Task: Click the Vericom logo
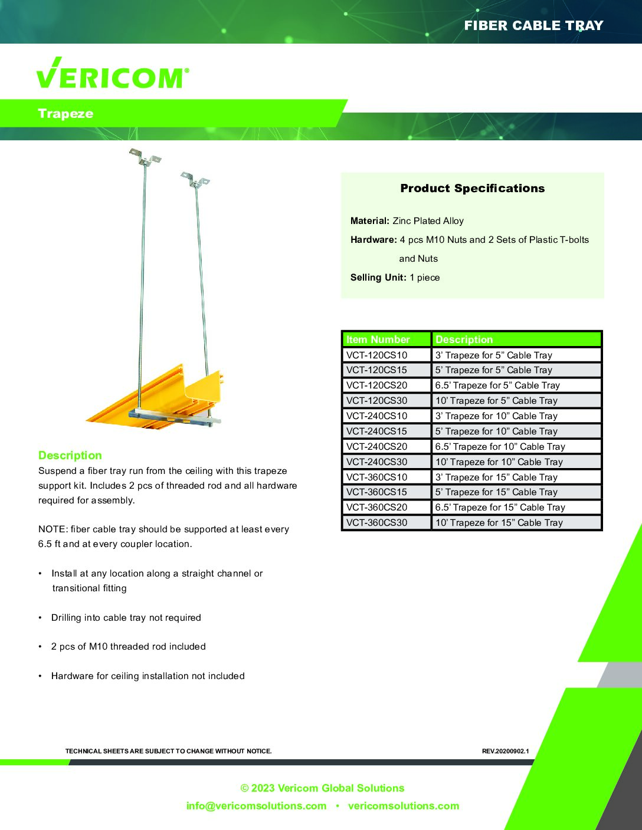[x=112, y=74]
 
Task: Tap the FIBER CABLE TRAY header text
[x=533, y=25]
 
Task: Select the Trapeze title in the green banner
[x=65, y=114]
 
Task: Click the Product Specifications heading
[x=472, y=189]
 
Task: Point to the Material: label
[x=369, y=221]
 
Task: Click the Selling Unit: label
[x=378, y=278]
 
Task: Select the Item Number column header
[x=378, y=340]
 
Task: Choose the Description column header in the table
[x=464, y=340]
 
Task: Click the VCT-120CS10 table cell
[x=376, y=355]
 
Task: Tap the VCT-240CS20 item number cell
[x=376, y=446]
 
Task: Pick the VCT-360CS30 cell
[x=376, y=523]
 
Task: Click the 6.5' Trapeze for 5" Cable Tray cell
[x=497, y=386]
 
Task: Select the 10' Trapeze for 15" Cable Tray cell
[x=499, y=523]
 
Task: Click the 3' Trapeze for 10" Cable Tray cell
[x=496, y=416]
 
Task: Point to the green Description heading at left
[x=70, y=455]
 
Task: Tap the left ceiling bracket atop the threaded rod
[x=145, y=157]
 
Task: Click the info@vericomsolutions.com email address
[x=256, y=806]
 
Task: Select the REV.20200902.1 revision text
[x=505, y=751]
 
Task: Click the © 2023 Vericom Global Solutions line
[x=322, y=788]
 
